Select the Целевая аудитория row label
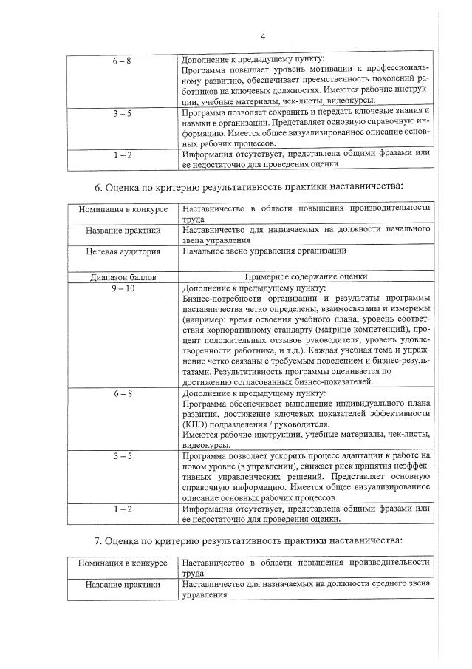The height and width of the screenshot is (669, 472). click(x=123, y=251)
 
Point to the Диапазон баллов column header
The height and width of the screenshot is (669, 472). click(x=123, y=276)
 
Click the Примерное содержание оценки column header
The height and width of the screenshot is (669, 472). click(x=305, y=276)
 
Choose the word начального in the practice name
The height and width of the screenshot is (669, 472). click(x=401, y=230)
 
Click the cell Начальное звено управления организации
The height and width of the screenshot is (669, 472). click(x=264, y=251)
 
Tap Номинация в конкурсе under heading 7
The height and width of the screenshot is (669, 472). click(x=123, y=563)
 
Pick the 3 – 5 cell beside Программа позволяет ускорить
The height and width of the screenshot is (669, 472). click(x=123, y=456)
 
